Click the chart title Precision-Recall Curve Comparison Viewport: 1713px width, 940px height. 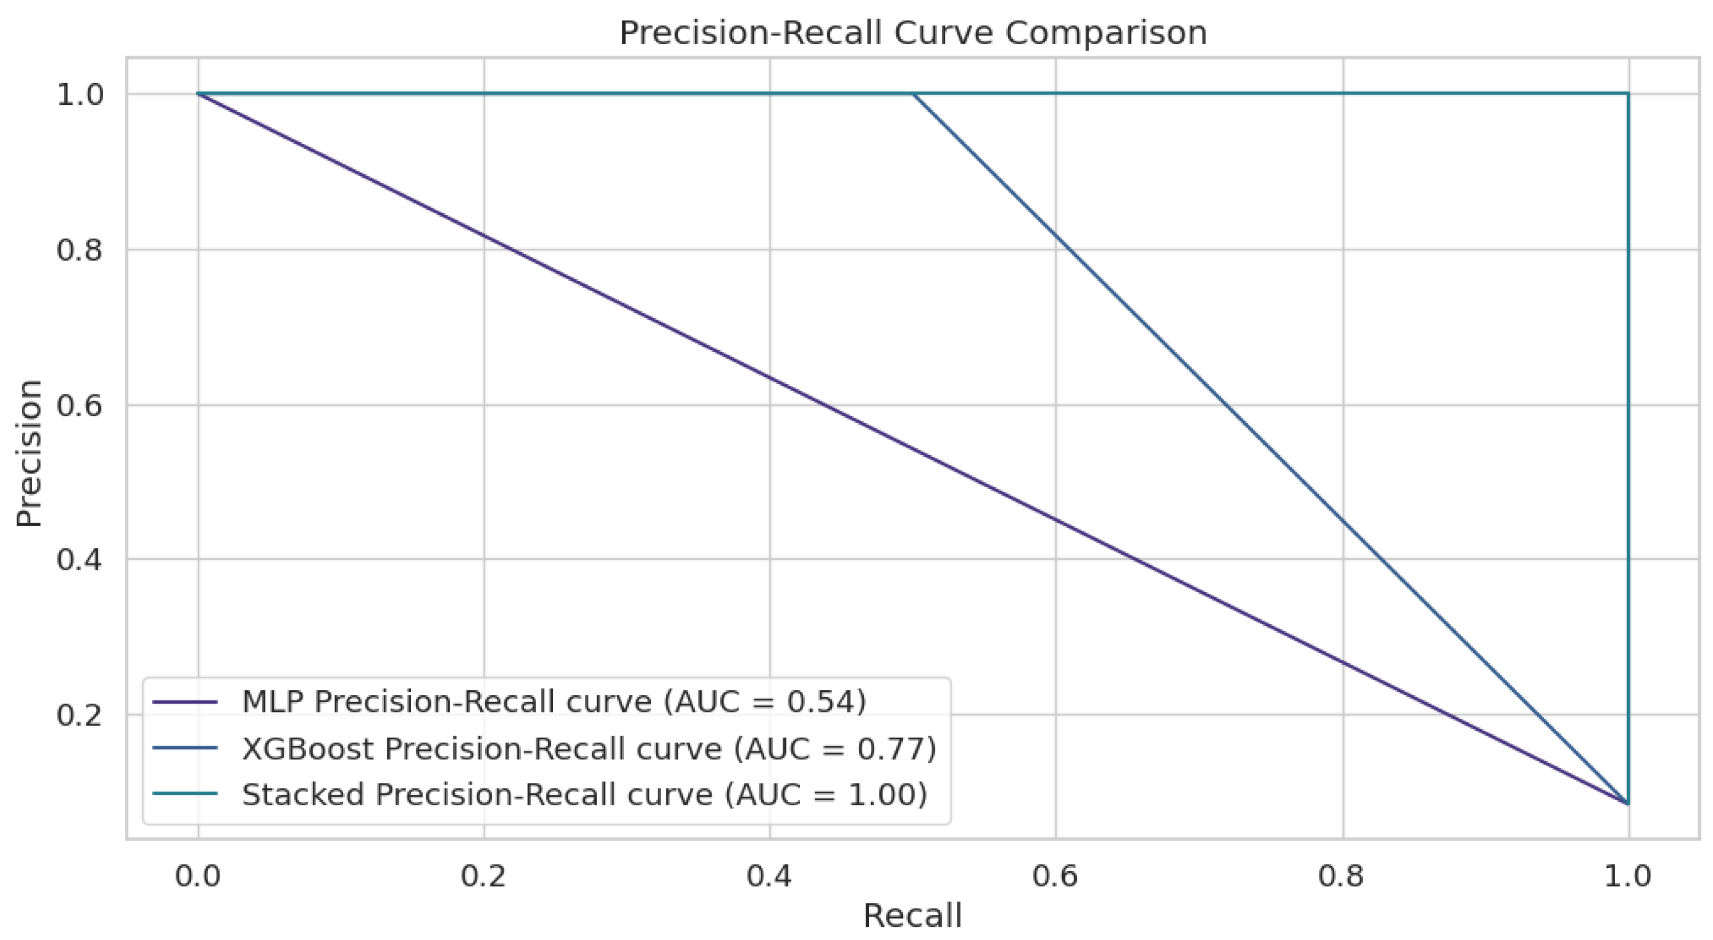pos(912,33)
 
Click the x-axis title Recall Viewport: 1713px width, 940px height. pos(912,916)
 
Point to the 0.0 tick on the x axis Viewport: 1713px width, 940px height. pos(198,876)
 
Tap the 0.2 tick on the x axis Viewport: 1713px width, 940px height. pos(484,876)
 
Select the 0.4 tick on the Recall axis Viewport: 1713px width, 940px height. pos(769,876)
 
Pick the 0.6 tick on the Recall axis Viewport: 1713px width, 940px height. pos(1056,876)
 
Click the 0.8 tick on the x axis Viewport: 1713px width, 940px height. pos(1342,876)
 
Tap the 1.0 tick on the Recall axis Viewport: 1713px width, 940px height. pos(1628,876)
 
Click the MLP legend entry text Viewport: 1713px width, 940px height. pos(554,702)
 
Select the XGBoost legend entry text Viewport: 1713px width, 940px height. pos(588,749)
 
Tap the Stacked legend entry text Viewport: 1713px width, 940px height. pos(584,794)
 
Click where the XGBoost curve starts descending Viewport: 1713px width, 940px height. pos(913,95)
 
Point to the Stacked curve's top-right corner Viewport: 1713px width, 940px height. pos(1628,95)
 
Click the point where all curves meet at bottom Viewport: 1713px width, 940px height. pos(1628,804)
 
